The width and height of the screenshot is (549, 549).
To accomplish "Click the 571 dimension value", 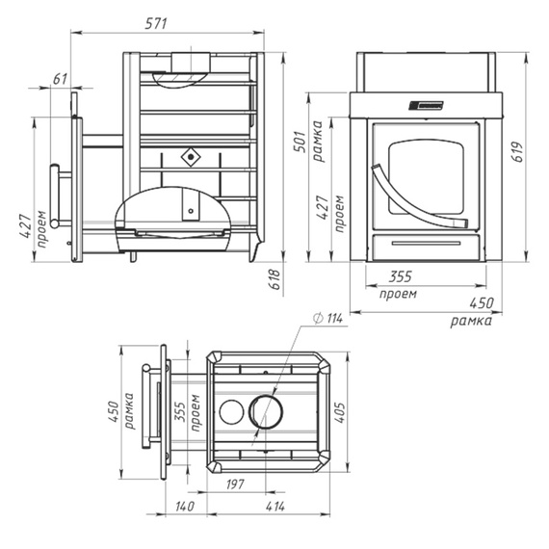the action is tap(156, 24).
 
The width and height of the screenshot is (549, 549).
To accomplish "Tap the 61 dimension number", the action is tap(60, 79).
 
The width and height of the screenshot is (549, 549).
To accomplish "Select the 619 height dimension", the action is tap(517, 152).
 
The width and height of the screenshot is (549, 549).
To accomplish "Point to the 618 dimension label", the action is tap(274, 279).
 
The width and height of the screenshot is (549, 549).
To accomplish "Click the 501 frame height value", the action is tap(300, 142).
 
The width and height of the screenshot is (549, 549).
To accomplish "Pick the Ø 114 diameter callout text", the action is tap(328, 318).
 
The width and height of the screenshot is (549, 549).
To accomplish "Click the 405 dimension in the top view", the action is tap(339, 412).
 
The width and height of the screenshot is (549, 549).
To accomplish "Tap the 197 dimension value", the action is tap(235, 484).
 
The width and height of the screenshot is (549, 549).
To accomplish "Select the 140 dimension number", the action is tap(185, 506).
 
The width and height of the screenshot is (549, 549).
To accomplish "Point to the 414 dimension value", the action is tap(275, 506).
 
